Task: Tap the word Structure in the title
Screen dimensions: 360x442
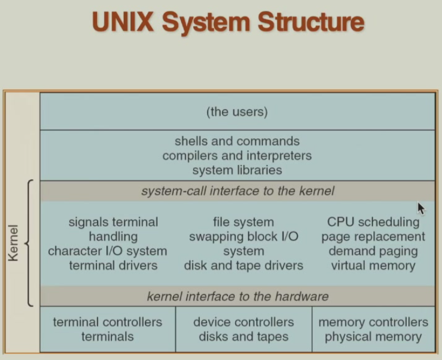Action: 311,22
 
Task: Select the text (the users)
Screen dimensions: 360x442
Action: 237,112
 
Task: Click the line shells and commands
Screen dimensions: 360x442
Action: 237,141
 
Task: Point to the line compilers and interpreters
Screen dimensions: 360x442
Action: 237,155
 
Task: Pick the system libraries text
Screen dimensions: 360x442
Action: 237,169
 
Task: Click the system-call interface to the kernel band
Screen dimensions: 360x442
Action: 237,191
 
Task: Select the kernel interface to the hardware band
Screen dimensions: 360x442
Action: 237,296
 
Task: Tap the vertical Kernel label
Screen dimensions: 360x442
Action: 13,243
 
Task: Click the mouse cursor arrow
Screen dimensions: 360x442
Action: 421,209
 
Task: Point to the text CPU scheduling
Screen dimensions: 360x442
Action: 373,222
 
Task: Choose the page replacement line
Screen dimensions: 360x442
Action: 373,236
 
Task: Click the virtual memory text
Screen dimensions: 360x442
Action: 373,265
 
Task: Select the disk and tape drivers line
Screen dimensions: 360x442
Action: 244,265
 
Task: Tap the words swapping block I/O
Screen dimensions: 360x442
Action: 244,236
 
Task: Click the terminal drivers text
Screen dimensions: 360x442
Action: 113,265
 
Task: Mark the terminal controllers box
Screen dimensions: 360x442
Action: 107,329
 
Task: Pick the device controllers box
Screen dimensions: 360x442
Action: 244,329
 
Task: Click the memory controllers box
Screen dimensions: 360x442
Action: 373,329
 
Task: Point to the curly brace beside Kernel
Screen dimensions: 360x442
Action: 29,243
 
